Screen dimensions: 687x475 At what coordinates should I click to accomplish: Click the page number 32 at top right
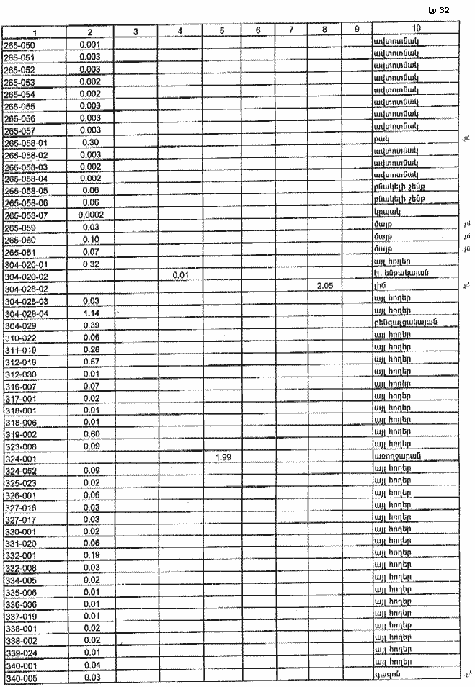(443, 11)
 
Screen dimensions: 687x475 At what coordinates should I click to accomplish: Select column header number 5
(222, 31)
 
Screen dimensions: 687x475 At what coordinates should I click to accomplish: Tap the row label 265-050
(20, 45)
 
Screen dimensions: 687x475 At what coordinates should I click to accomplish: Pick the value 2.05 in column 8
(324, 287)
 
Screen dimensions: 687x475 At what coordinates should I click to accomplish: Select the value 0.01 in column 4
(180, 275)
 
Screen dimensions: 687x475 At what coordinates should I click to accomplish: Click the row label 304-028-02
(27, 288)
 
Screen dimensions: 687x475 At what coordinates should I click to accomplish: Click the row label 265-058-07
(27, 215)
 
